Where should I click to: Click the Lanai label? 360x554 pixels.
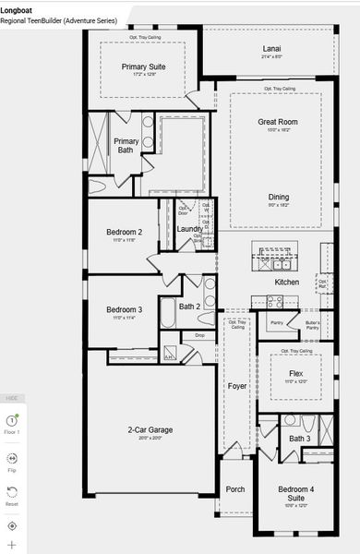click(270, 49)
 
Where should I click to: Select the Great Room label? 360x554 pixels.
click(275, 121)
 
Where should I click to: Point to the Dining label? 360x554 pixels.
click(278, 197)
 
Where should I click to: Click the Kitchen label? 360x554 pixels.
click(287, 282)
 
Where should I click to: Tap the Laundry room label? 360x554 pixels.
click(189, 228)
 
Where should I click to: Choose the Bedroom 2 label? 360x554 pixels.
click(124, 232)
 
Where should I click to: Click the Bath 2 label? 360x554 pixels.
click(189, 306)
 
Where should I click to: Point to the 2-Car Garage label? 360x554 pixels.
click(150, 429)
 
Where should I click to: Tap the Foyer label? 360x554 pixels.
click(237, 386)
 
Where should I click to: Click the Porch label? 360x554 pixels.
click(235, 488)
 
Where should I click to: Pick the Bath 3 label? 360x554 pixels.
click(299, 439)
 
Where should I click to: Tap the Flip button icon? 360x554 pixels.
click(12, 457)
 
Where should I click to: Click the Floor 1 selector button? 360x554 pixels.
click(12, 421)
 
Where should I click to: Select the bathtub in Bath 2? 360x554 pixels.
click(168, 312)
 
